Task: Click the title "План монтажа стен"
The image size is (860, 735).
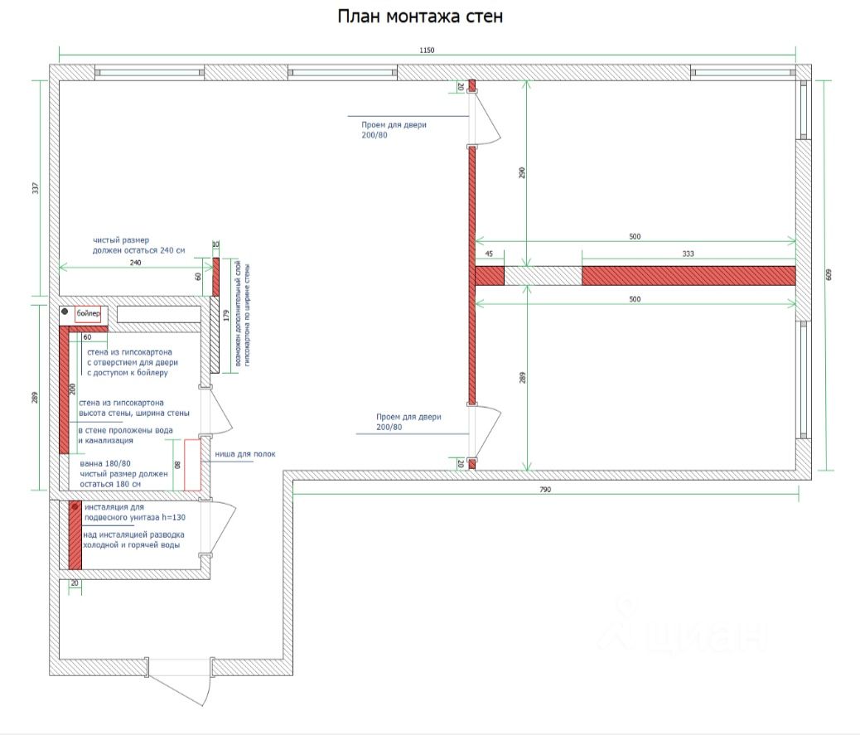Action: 419,17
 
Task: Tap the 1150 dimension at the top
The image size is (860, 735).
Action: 427,51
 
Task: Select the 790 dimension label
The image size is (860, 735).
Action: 544,491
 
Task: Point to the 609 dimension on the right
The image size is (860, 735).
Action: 828,275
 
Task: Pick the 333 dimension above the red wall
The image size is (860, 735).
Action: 688,254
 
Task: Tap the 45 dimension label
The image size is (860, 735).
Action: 489,254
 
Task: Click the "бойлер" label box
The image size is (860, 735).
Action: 88,314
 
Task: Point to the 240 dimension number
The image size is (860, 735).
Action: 136,262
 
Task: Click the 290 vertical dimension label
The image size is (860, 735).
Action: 522,172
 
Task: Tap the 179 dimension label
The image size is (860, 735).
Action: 226,314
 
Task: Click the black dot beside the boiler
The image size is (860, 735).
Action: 65,313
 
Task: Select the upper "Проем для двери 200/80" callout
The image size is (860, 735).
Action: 394,128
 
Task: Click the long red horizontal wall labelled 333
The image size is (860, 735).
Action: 688,275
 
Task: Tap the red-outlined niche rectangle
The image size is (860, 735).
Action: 192,464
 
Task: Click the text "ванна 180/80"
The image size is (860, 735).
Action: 105,463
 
